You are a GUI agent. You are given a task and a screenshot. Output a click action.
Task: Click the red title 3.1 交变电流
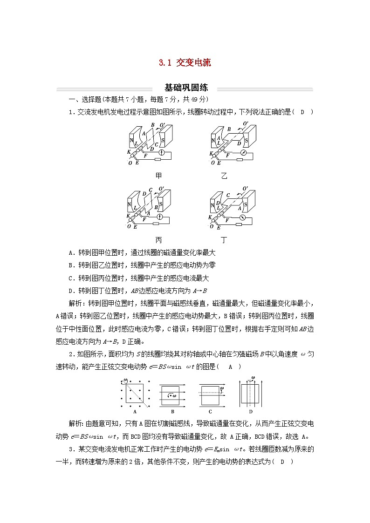[185, 63]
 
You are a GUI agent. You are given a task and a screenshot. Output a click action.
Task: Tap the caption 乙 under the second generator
[225, 176]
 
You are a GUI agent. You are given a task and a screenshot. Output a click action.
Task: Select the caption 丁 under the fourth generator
[225, 240]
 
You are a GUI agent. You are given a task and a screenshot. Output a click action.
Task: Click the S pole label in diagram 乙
[247, 138]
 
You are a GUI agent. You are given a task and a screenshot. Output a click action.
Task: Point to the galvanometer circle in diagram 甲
[162, 152]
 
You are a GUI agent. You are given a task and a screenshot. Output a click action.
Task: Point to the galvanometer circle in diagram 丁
[242, 217]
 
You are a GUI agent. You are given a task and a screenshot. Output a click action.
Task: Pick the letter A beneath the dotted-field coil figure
[134, 411]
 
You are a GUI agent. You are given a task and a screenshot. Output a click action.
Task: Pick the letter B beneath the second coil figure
[172, 411]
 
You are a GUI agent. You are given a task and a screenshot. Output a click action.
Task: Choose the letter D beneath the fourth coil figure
[251, 411]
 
